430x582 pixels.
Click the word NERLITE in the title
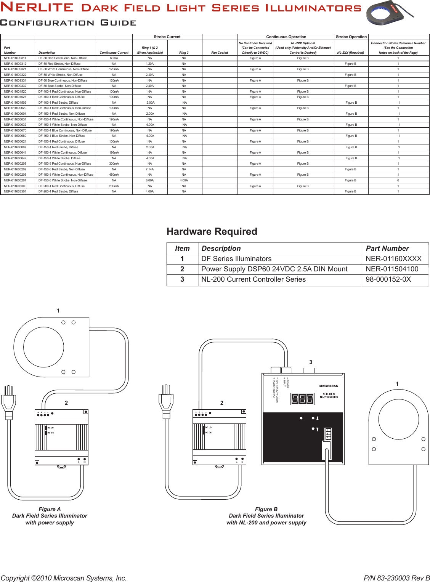pyautogui.click(x=37, y=7)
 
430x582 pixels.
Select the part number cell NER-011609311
pyautogui.click(x=15, y=58)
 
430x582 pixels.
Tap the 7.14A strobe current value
pyautogui.click(x=150, y=169)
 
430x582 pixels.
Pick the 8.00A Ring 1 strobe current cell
pyautogui.click(x=150, y=180)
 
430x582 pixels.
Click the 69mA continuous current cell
pyautogui.click(x=114, y=58)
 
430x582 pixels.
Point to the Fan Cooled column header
pyautogui.click(x=220, y=53)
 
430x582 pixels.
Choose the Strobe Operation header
pyautogui.click(x=351, y=37)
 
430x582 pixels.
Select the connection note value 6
pyautogui.click(x=398, y=180)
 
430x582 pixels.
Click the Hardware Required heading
pyautogui.click(x=212, y=231)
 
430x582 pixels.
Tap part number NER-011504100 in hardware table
pyautogui.click(x=392, y=269)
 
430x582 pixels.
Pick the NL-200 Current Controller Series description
pyautogui.click(x=254, y=279)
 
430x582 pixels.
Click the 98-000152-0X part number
pyautogui.click(x=388, y=279)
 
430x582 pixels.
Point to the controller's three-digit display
pyautogui.click(x=302, y=399)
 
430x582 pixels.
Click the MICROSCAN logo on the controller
pyautogui.click(x=329, y=386)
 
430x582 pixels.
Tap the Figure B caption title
pyautogui.click(x=266, y=509)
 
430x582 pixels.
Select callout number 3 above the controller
pyautogui.click(x=311, y=362)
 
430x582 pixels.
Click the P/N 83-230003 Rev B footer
pyautogui.click(x=396, y=578)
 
